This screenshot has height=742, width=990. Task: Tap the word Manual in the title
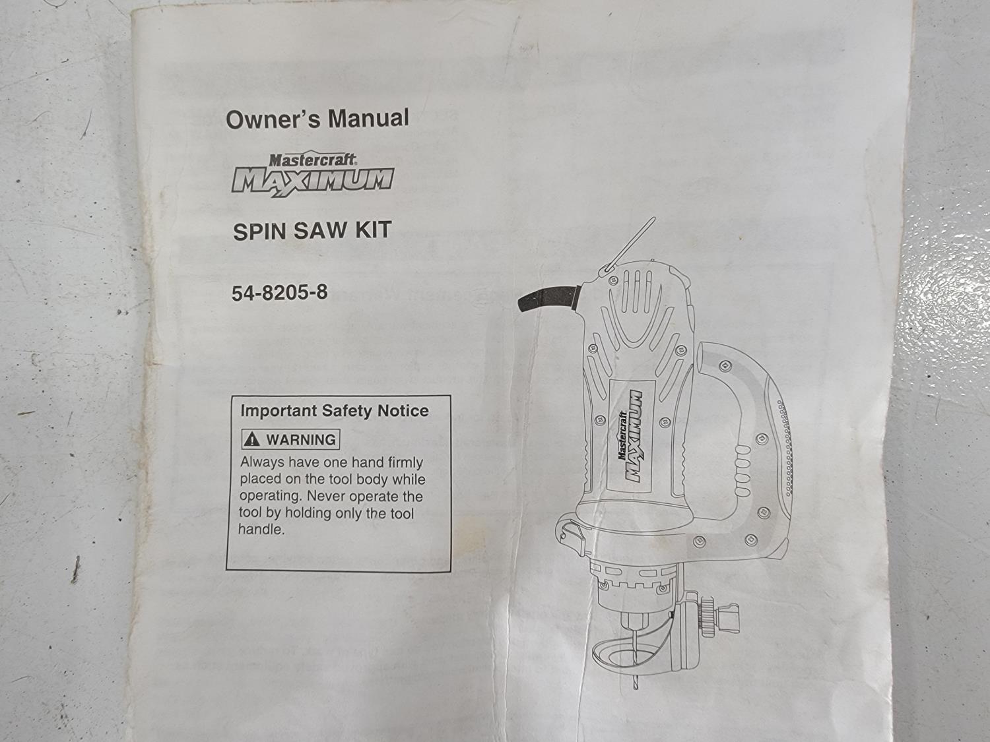368,118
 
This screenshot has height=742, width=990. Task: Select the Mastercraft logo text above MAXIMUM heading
313,160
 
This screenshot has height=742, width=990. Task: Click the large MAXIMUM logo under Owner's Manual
313,181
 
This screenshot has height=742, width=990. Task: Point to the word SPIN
259,232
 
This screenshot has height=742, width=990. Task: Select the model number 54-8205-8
280,293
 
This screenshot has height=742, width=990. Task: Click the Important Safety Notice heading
335,411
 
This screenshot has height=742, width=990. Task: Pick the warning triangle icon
251,439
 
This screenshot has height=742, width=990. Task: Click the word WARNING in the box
301,440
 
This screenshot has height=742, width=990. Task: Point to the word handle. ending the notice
261,530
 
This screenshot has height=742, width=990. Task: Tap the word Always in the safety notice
263,463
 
